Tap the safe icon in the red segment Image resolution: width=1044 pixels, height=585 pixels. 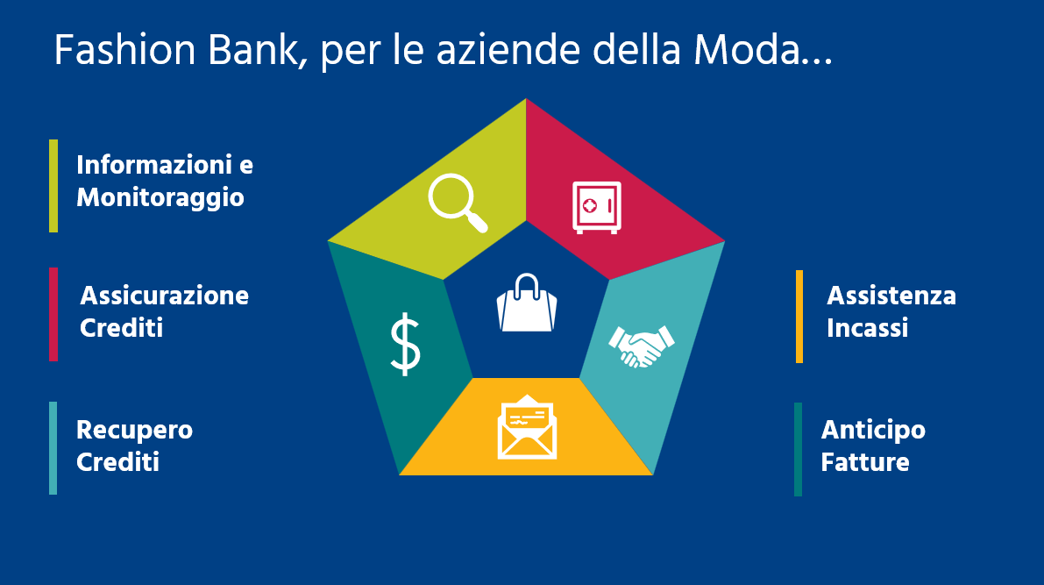click(597, 207)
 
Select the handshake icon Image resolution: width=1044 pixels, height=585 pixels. click(641, 346)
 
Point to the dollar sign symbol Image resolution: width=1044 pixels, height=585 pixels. click(405, 345)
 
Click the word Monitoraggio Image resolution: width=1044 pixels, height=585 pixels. click(160, 197)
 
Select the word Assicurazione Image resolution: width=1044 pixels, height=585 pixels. click(165, 295)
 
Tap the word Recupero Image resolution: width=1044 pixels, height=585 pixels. click(134, 430)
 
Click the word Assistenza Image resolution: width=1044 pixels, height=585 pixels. click(891, 295)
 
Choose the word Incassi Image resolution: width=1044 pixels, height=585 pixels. click(867, 328)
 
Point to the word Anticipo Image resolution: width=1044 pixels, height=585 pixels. click(873, 430)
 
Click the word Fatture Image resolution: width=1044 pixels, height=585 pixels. click(864, 462)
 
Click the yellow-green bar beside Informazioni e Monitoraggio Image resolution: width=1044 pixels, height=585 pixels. click(53, 186)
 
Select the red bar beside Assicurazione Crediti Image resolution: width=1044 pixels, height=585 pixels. click(53, 314)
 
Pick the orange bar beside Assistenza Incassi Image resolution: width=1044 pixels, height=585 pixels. click(799, 317)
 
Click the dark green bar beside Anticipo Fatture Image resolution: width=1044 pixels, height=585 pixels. click(798, 449)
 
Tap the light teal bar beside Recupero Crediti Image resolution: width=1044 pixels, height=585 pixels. click(53, 448)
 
